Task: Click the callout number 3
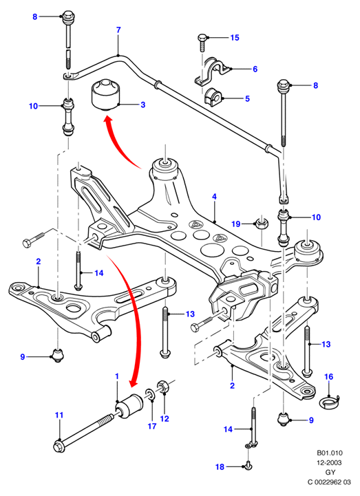point(142,105)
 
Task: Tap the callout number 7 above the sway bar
point(118,30)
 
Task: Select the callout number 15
point(235,38)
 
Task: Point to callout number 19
point(236,224)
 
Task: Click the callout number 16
point(329,376)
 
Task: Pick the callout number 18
point(220,467)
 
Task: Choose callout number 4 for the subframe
point(214,197)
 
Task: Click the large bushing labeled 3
point(107,95)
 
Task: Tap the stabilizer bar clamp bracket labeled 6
point(213,71)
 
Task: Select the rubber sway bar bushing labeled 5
point(213,96)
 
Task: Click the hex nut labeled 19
point(262,224)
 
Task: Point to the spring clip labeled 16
point(330,402)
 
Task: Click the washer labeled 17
point(150,394)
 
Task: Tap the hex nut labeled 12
point(162,387)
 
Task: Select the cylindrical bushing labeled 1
point(129,405)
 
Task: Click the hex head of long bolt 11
point(59,446)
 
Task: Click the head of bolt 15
point(202,38)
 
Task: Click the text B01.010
point(330,453)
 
